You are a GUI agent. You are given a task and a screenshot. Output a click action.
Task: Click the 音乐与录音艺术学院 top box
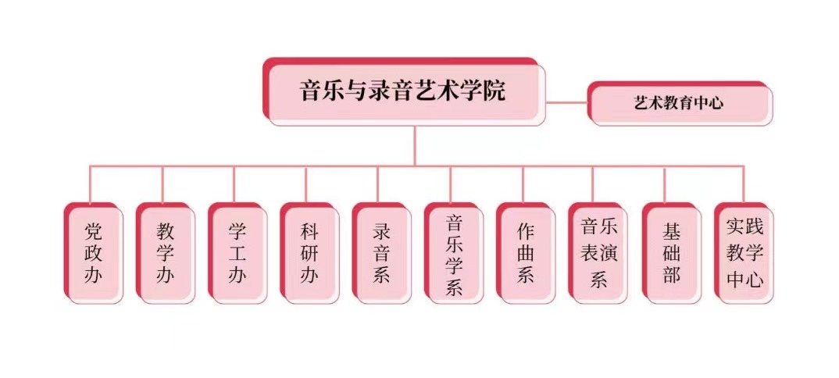click(403, 91)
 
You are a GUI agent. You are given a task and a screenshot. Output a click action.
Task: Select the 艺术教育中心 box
click(680, 102)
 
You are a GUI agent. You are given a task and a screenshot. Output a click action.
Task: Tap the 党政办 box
click(93, 252)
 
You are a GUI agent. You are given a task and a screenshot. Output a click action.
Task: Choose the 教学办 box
click(165, 252)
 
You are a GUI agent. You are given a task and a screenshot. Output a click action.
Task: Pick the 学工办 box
click(237, 252)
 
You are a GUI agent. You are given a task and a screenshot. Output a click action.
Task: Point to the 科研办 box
click(309, 252)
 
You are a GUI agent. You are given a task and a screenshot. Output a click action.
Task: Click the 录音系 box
click(380, 252)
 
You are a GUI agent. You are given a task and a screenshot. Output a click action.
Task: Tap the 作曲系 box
click(525, 252)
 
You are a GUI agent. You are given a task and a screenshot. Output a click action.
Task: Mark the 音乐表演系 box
click(598, 252)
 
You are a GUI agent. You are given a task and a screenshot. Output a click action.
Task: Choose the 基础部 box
click(670, 252)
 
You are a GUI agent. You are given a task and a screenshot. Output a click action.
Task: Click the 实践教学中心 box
click(744, 252)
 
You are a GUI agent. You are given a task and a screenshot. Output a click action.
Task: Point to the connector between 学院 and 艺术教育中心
click(566, 102)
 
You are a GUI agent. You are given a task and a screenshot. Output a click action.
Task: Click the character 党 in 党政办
click(93, 230)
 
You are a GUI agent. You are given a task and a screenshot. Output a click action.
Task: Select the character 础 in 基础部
click(670, 252)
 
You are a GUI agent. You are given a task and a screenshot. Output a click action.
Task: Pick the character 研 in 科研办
click(309, 252)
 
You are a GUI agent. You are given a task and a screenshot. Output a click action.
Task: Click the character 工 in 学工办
click(237, 252)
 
